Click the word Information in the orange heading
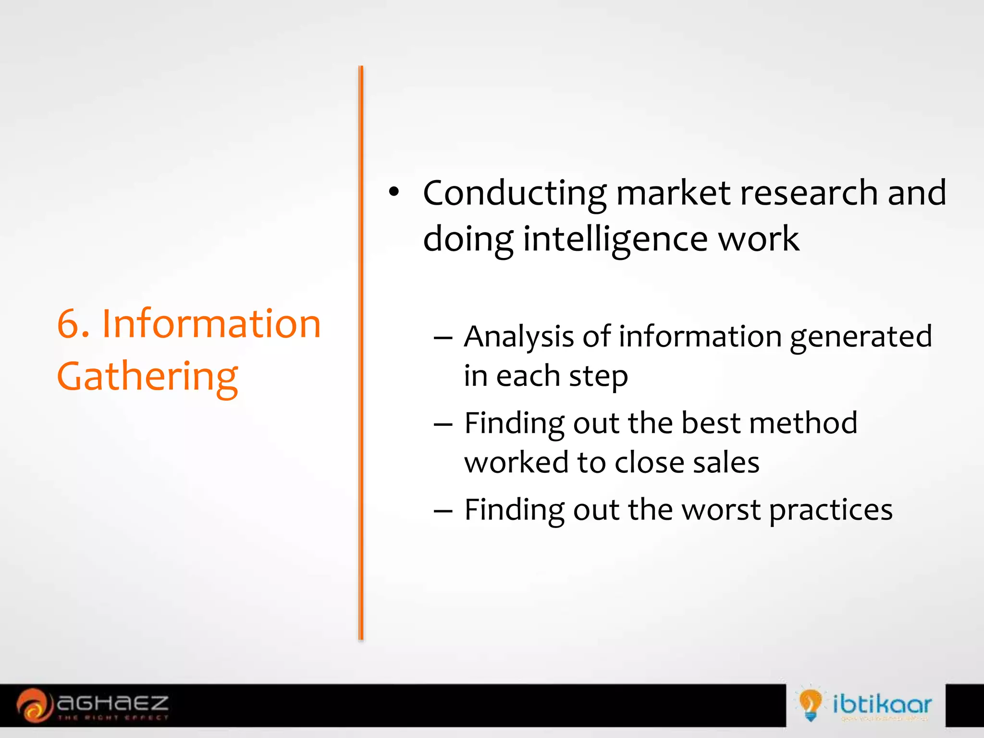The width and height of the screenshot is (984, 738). tap(211, 323)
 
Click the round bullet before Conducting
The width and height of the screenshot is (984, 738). tap(394, 192)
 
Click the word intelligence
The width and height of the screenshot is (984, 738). tap(615, 239)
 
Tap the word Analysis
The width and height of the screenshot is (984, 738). tap(519, 337)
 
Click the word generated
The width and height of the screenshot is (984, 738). tap(861, 337)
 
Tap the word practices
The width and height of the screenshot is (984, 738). tap(831, 510)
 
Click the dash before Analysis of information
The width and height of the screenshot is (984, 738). tap(443, 338)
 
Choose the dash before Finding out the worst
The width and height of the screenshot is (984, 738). tap(443, 511)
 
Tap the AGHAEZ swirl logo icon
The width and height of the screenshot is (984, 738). tap(34, 705)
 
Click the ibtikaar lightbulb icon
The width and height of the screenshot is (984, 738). tap(810, 703)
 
